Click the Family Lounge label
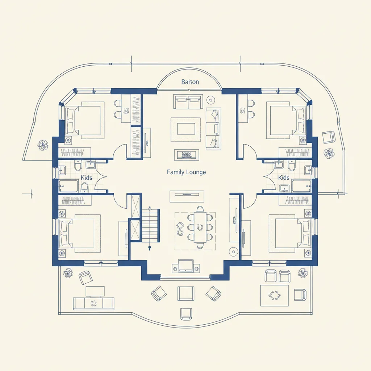point(186,172)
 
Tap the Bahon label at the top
point(190,82)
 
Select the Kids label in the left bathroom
point(86,178)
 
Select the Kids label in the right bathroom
point(284,178)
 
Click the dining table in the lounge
point(200,227)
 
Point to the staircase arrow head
point(150,208)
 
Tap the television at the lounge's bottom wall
point(186,266)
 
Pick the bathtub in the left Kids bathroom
point(68,186)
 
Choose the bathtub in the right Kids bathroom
point(301,186)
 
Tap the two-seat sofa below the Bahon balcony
point(188,102)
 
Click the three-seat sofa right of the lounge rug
point(213,129)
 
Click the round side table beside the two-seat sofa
point(210,100)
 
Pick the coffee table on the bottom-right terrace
point(275,296)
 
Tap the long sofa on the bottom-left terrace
point(94,304)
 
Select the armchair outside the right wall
point(329,137)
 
